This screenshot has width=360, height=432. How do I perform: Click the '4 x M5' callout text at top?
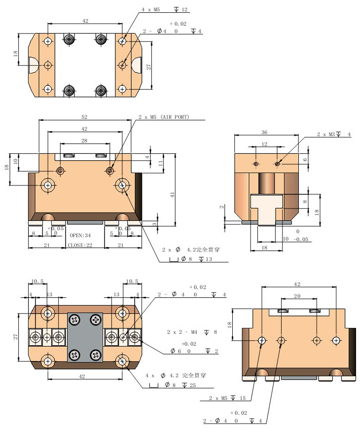tap(151, 10)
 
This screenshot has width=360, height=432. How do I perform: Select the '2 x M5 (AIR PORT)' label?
tap(164, 117)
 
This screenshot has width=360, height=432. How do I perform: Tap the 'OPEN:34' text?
tap(80, 235)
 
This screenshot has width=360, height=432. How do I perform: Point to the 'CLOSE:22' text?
tap(80, 245)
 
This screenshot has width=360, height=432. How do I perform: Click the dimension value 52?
tap(84, 117)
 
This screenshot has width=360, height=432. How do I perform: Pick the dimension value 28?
tap(84, 141)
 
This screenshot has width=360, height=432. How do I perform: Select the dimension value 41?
tap(173, 194)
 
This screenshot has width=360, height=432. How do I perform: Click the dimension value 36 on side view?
tap(264, 132)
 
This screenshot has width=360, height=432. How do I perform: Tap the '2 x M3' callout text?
tap(325, 135)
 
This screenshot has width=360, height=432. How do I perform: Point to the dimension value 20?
tap(297, 296)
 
